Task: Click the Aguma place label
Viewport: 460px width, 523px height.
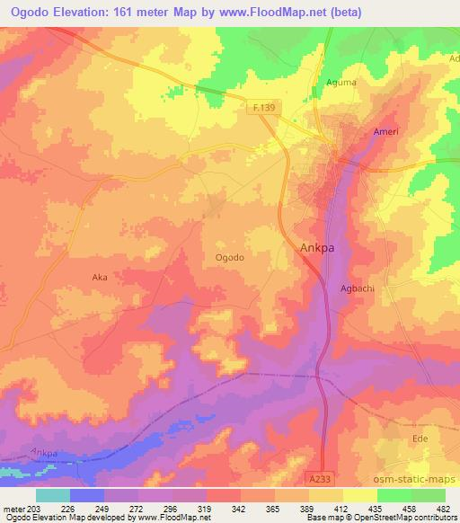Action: (341, 83)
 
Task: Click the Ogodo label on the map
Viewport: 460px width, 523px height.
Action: (230, 257)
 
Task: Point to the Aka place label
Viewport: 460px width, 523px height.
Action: (100, 278)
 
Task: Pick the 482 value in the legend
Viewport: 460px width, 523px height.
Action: (443, 508)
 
